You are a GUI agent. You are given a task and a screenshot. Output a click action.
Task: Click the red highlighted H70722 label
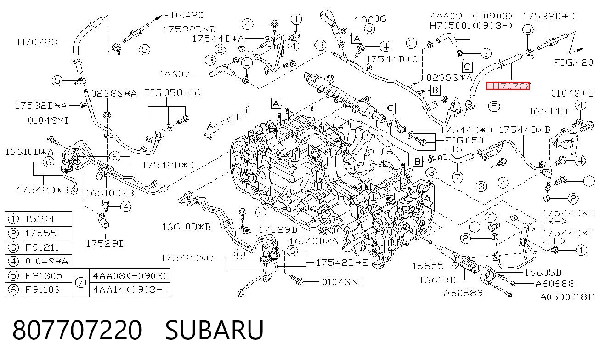pyautogui.click(x=508, y=86)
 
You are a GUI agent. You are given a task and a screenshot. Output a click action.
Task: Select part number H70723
pyautogui.click(x=38, y=42)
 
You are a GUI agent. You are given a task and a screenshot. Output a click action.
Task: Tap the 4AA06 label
pyautogui.click(x=370, y=18)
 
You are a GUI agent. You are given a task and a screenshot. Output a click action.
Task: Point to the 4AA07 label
pyautogui.click(x=174, y=74)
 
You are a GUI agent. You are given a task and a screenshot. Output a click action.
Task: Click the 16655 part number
pyautogui.click(x=428, y=266)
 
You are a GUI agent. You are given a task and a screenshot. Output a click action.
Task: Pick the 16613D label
pyautogui.click(x=437, y=280)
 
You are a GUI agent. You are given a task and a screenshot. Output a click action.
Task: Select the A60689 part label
pyautogui.click(x=464, y=293)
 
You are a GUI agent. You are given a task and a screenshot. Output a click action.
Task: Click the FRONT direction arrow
pyautogui.click(x=226, y=123)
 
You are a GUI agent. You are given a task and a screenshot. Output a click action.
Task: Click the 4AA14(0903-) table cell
pyautogui.click(x=130, y=290)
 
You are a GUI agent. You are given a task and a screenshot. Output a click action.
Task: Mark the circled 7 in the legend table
pyautogui.click(x=80, y=283)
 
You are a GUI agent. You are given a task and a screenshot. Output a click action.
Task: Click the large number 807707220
pyautogui.click(x=77, y=330)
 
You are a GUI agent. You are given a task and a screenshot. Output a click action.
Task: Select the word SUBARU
pyautogui.click(x=214, y=330)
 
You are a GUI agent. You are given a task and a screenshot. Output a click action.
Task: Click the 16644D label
pyautogui.click(x=548, y=111)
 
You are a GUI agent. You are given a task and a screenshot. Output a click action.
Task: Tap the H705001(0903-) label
pyautogui.click(x=471, y=25)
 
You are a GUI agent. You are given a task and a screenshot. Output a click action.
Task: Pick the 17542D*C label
pyautogui.click(x=187, y=258)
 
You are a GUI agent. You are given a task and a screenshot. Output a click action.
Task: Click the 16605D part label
pyautogui.click(x=543, y=273)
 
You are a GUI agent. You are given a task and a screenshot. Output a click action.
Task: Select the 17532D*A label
pyautogui.click(x=41, y=105)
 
